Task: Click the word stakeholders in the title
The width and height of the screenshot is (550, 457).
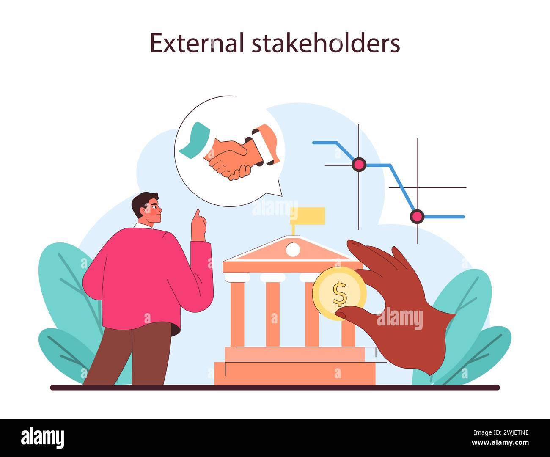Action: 326,43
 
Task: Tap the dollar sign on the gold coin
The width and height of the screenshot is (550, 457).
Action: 339,294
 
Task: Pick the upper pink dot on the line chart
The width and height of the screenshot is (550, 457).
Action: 359,164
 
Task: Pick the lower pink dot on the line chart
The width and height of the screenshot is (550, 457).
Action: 417,216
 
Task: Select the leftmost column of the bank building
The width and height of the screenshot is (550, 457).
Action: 237,313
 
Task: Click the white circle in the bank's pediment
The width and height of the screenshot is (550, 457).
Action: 292,250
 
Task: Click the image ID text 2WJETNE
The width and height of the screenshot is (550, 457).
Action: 505,432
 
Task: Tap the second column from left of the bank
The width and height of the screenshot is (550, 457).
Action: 273,313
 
